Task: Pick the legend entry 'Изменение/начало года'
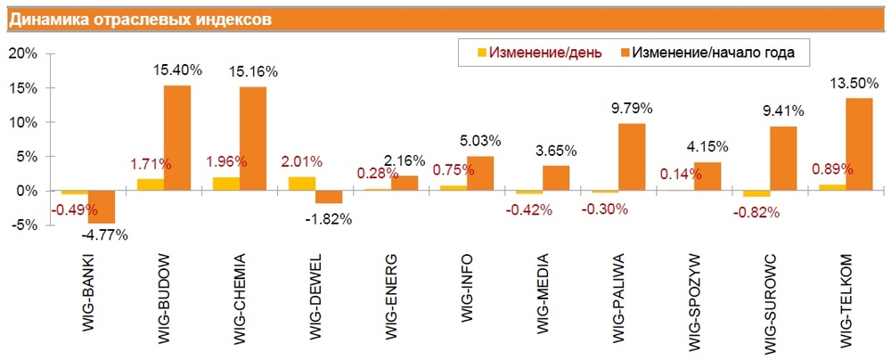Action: pos(713,53)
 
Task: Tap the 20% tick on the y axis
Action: pos(21,53)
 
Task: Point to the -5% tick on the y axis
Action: pos(21,225)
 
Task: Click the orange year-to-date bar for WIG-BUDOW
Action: pos(177,138)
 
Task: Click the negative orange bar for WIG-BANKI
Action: pos(102,207)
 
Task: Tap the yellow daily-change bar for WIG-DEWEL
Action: pos(303,184)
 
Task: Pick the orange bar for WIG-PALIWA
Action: pos(632,157)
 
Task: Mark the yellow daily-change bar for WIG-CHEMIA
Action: pos(227,184)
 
